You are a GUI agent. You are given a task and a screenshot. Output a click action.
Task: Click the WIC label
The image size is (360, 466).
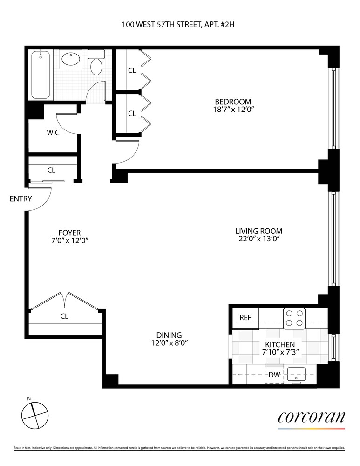point(53,132)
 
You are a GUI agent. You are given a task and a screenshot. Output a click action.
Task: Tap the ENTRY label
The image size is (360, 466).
point(20,199)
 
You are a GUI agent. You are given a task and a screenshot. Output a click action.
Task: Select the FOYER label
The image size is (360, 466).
point(69,232)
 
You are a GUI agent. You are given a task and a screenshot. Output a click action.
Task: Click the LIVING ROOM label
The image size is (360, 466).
point(258,231)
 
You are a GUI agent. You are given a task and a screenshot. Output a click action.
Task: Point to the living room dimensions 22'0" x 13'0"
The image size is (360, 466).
point(258,239)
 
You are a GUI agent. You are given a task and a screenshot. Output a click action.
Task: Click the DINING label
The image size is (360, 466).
point(169,335)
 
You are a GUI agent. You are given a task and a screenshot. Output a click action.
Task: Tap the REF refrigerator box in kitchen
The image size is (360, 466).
point(245,317)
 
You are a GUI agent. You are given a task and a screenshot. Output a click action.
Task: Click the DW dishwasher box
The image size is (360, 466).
point(274,374)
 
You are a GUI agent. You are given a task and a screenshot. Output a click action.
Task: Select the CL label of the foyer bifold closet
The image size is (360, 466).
point(64,316)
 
